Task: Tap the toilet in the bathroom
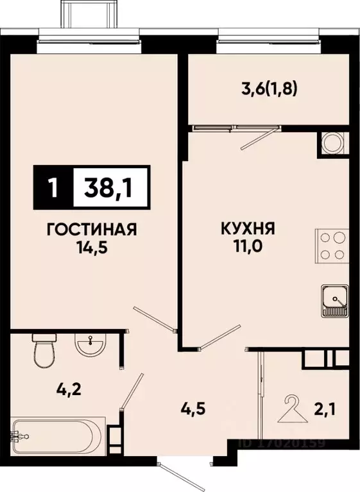[44, 351]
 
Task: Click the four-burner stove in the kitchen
[332, 245]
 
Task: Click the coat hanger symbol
[293, 408]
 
